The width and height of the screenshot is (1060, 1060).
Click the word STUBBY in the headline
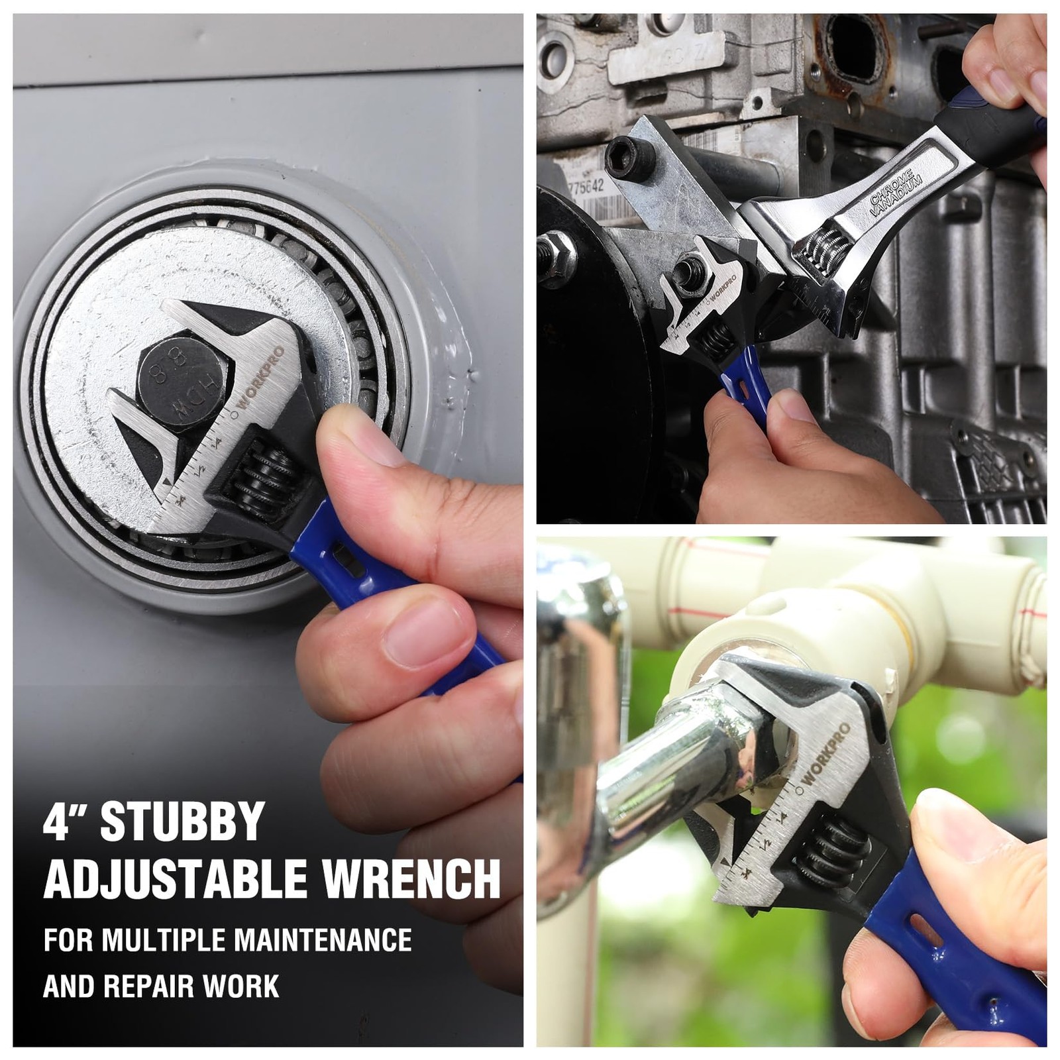click(182, 822)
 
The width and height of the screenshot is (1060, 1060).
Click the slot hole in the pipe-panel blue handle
click(927, 931)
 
